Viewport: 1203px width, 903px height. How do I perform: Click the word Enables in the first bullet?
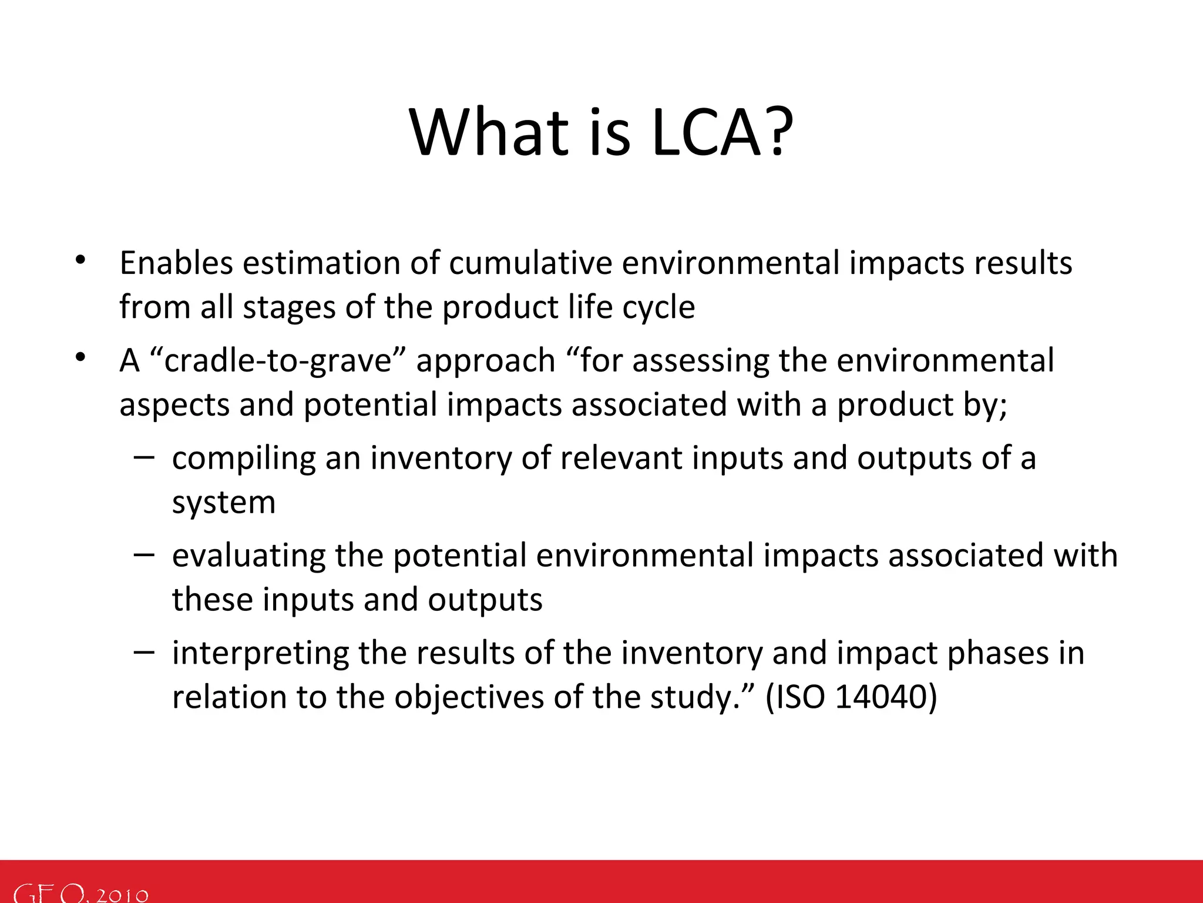(176, 263)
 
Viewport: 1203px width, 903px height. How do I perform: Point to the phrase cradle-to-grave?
(278, 360)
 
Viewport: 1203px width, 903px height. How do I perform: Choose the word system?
(223, 503)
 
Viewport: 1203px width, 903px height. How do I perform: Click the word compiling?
(243, 459)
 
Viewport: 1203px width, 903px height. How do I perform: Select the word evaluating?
(248, 556)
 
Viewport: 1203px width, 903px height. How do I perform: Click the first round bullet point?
(80, 260)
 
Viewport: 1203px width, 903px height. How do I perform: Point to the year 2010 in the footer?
(122, 894)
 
